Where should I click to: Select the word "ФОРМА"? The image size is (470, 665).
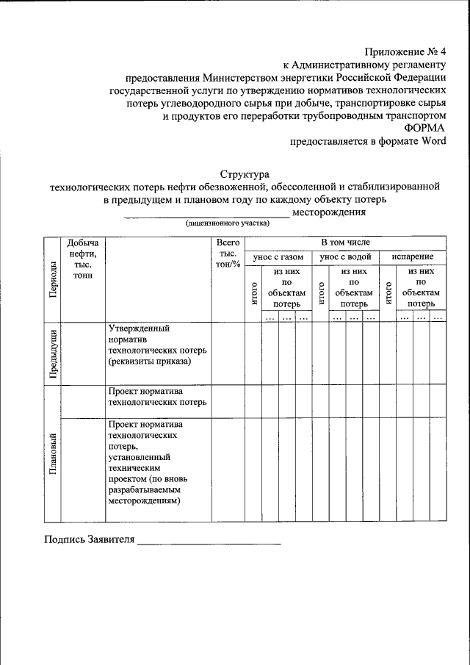coord(424,129)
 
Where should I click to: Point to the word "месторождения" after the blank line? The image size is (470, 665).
coord(328,212)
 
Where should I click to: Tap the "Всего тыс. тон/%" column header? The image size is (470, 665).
coord(228,253)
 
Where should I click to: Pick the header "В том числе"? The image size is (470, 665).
coord(345,242)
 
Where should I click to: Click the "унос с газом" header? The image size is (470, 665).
coord(278,257)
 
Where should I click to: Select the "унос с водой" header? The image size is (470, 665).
coord(345,257)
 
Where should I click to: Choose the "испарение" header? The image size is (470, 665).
coord(412,257)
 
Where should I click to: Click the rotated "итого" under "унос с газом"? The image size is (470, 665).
coord(253,293)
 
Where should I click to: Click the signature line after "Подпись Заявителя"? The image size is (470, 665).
coord(209,543)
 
